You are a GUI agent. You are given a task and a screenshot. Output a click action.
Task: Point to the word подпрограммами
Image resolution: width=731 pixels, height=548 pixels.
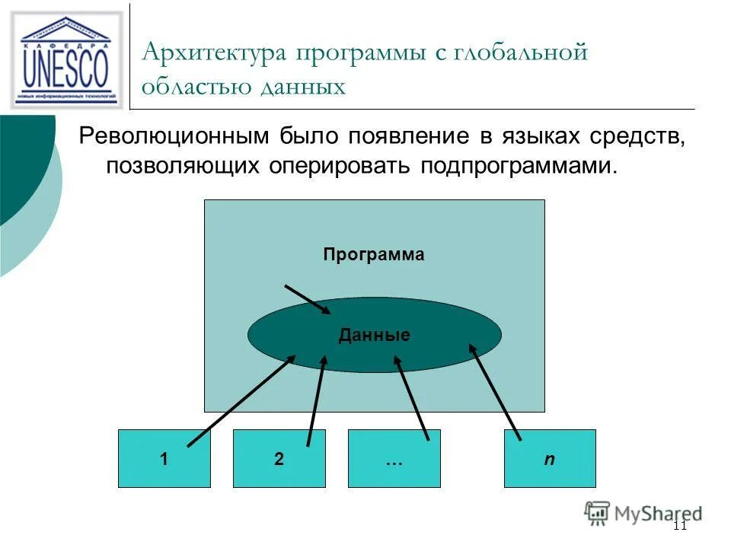(515, 166)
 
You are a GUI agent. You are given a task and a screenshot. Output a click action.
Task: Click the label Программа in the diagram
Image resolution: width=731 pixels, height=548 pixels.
(373, 255)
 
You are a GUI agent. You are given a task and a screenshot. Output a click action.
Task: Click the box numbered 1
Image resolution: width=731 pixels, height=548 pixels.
(164, 459)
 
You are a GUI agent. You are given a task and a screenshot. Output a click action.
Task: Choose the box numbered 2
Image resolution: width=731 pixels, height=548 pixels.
(279, 459)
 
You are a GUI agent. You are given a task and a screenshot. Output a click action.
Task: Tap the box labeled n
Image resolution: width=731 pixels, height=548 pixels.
(549, 459)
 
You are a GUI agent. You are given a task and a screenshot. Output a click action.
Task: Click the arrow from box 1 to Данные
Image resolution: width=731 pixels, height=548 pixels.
(241, 400)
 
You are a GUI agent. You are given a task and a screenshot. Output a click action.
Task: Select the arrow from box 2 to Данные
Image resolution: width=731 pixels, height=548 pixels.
(316, 400)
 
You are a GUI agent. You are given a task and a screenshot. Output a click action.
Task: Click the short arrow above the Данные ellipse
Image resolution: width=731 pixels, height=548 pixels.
(308, 298)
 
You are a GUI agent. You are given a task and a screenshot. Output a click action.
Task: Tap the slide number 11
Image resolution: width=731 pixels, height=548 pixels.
(680, 525)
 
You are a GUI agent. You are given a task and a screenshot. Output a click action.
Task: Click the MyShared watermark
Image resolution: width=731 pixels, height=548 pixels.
(643, 513)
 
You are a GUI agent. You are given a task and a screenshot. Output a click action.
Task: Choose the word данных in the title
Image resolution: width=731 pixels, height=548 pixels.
(304, 87)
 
